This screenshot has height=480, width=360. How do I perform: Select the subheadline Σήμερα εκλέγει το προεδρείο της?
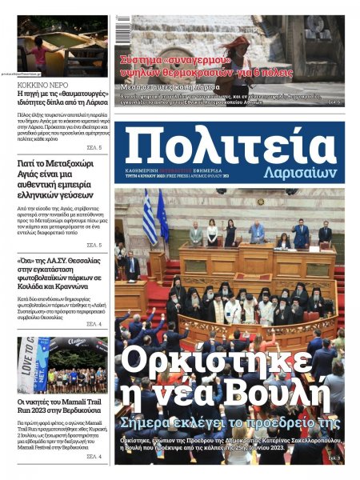226,422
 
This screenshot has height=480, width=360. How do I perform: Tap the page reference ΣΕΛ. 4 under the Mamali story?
93,456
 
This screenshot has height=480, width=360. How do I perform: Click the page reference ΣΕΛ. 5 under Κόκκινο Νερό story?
93,147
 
